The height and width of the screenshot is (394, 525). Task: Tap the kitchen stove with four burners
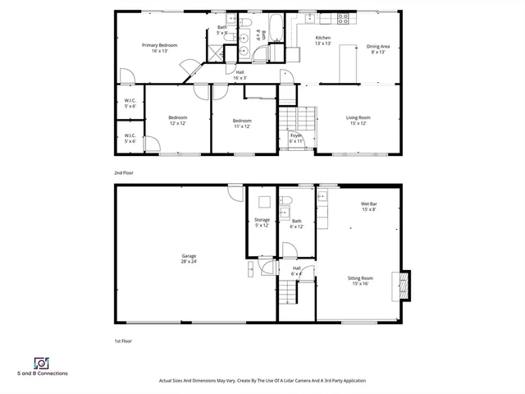tap(343, 17)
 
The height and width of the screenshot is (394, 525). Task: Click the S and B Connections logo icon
tap(40, 362)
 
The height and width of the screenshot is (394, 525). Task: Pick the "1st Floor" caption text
tap(124, 340)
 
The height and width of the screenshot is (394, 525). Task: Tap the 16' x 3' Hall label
tap(240, 75)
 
